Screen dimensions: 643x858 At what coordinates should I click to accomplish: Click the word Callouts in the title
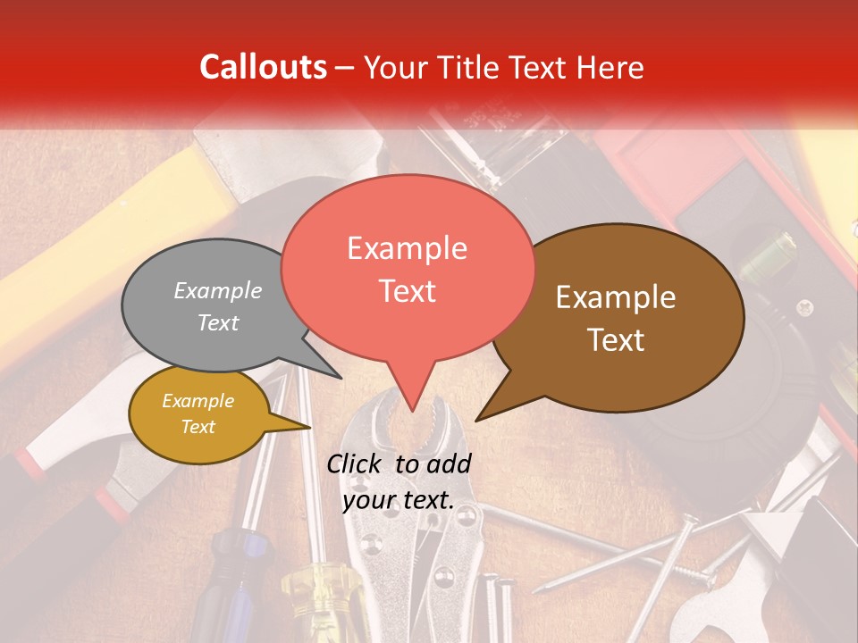point(264,67)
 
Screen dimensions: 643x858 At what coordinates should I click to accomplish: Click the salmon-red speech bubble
point(407,268)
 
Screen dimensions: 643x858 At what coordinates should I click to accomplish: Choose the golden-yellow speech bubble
point(198,413)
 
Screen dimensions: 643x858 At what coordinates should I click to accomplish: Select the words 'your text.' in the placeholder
point(399,501)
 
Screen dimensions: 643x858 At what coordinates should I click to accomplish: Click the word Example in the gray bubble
point(218,290)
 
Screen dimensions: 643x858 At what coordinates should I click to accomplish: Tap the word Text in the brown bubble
point(617,340)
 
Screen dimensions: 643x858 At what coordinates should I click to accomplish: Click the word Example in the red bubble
point(407,248)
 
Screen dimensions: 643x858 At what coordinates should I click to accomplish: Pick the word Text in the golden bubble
point(198,427)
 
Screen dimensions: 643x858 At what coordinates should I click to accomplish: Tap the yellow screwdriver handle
point(313,598)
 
